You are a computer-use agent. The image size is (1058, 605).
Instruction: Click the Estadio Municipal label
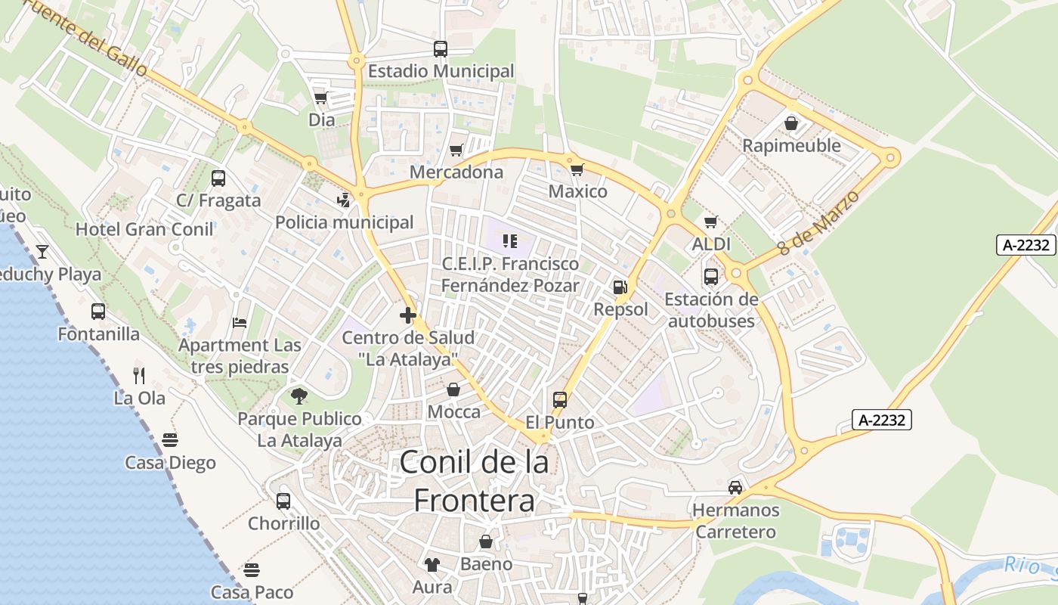coord(441,71)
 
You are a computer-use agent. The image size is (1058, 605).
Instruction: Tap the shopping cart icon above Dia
coord(320,98)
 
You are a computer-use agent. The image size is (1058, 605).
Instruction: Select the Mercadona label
coord(456,172)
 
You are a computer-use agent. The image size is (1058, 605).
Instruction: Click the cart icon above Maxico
coord(577,169)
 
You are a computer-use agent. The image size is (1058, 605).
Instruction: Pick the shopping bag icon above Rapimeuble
coord(791,123)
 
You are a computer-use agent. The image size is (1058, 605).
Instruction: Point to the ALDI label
coord(711,244)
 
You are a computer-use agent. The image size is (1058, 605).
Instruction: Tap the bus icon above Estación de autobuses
coord(710,277)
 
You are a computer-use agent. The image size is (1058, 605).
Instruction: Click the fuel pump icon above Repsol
coord(620,287)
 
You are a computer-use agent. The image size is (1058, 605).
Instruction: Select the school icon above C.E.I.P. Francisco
coord(510,241)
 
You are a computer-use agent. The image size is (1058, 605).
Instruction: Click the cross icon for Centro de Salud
coord(408,315)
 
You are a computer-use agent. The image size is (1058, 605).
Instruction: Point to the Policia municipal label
coord(344,222)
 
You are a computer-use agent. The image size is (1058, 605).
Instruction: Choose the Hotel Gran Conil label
coord(144,229)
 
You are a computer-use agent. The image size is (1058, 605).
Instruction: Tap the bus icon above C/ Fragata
coord(218,178)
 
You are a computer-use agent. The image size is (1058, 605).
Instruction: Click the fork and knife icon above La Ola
coord(138,375)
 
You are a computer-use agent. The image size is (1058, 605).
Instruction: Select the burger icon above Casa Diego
coord(170,440)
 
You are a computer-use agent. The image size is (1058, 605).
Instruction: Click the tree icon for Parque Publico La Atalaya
coord(299,396)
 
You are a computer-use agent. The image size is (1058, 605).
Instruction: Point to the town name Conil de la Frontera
coord(474,480)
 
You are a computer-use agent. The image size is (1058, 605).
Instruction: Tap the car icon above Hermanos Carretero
coord(735,488)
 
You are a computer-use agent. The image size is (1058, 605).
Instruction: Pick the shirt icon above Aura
coord(432,564)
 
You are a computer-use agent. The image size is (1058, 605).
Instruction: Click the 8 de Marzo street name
coord(818,222)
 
